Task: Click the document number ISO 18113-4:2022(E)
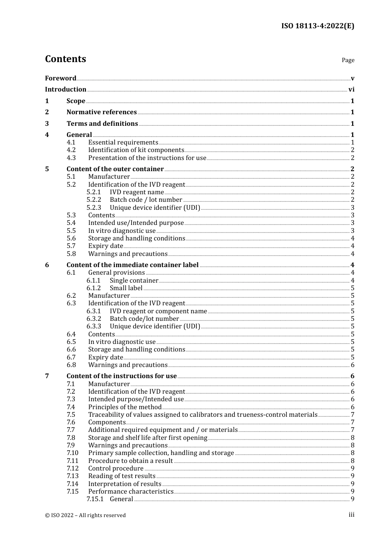click(318, 26)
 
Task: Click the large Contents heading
click(65, 59)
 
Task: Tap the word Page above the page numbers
click(348, 60)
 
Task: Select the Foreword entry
click(60, 78)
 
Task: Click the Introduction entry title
click(66, 90)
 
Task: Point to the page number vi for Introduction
click(351, 90)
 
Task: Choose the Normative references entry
click(101, 112)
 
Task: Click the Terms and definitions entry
click(102, 124)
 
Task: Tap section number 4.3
click(71, 158)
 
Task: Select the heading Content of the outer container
click(115, 169)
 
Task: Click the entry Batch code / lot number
click(146, 200)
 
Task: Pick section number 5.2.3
click(94, 208)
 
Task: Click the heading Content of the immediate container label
click(132, 265)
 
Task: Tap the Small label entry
click(126, 288)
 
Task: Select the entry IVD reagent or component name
click(158, 311)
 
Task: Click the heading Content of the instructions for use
click(121, 376)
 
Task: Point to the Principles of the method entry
click(125, 407)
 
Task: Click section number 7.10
click(72, 453)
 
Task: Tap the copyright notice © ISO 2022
click(85, 515)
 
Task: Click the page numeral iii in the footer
click(351, 515)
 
